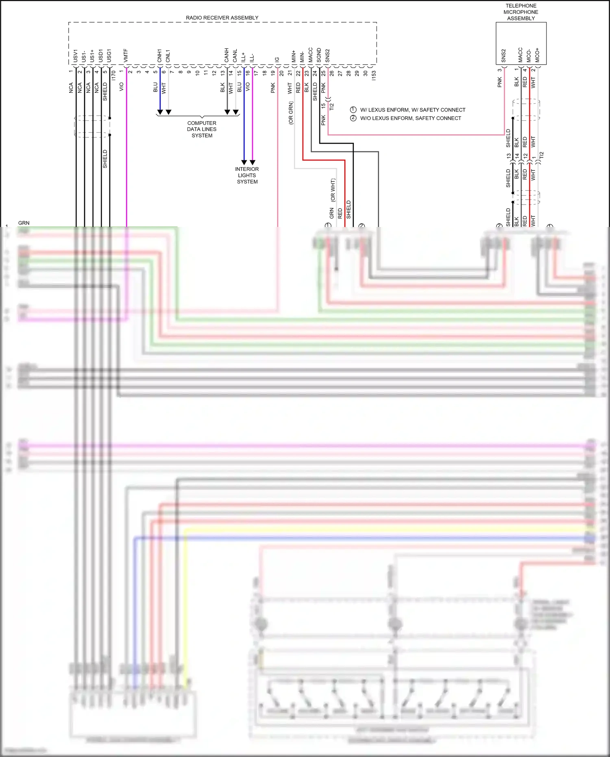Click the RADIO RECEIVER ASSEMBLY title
[x=222, y=18]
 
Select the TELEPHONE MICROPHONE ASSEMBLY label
[x=521, y=12]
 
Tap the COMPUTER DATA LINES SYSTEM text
[x=202, y=129]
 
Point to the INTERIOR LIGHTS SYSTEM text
[x=247, y=175]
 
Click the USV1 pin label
[x=76, y=56]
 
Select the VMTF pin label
[x=126, y=56]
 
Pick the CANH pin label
[x=227, y=55]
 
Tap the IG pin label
[x=277, y=59]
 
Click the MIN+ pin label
[x=294, y=56]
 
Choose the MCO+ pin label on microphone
[x=537, y=55]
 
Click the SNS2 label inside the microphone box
[x=503, y=56]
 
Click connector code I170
[x=113, y=75]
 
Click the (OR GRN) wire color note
[x=291, y=113]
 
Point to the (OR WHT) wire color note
[x=333, y=190]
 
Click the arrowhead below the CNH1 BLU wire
[x=160, y=112]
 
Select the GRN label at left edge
[x=24, y=223]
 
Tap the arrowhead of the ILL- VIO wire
[x=253, y=162]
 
